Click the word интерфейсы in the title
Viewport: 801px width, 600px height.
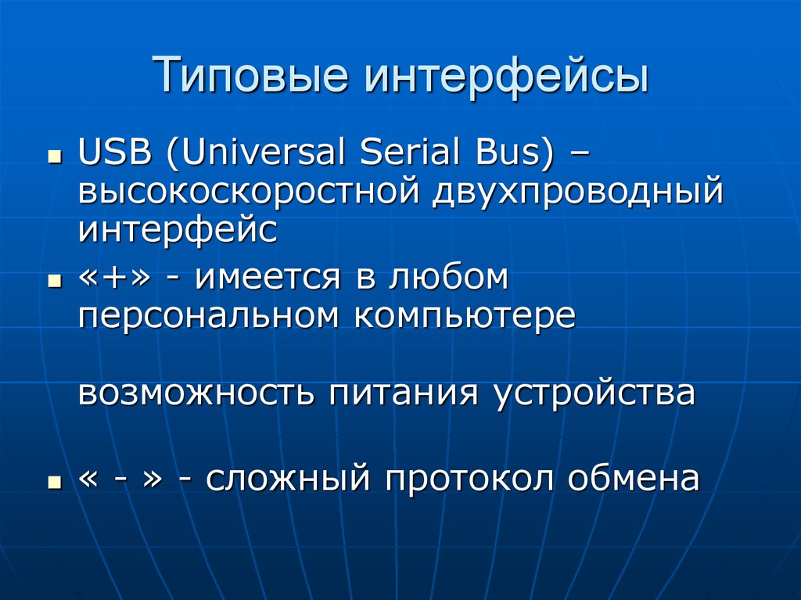click(x=505, y=77)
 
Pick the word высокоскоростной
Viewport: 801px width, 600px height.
click(x=248, y=192)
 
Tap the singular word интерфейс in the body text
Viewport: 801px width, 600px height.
click(x=178, y=230)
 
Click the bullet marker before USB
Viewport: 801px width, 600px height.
click(x=54, y=156)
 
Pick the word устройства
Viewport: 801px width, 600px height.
click(x=594, y=393)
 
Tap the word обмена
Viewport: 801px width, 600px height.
click(x=634, y=478)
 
